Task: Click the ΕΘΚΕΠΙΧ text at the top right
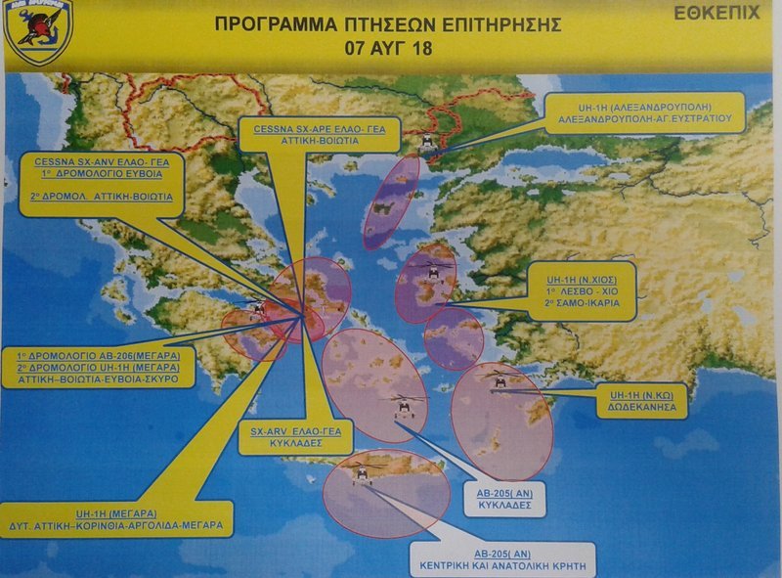coord(717,15)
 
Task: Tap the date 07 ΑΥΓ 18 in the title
coord(388,45)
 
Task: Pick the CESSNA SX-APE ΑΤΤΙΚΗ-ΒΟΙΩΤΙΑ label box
coord(304,134)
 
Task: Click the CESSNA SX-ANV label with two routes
coord(100,183)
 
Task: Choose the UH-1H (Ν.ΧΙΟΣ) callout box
coord(584,290)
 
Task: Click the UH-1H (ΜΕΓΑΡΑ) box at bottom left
coord(116,518)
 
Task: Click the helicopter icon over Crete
coord(364,473)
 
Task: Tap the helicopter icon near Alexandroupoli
coord(427,143)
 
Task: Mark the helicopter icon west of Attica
coord(257,310)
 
